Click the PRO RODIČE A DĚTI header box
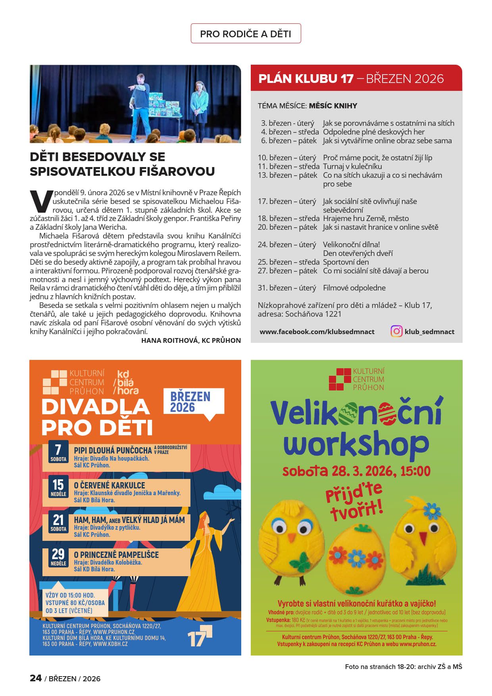246,34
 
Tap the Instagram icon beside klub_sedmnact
396,331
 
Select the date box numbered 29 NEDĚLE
58,557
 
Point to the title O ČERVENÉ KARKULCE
110,485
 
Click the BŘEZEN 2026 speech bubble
194,402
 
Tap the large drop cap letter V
41,201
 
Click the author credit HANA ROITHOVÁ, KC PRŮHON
191,340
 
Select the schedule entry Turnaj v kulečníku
352,166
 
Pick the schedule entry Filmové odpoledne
354,288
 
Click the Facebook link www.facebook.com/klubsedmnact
317,332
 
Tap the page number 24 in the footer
36,678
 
